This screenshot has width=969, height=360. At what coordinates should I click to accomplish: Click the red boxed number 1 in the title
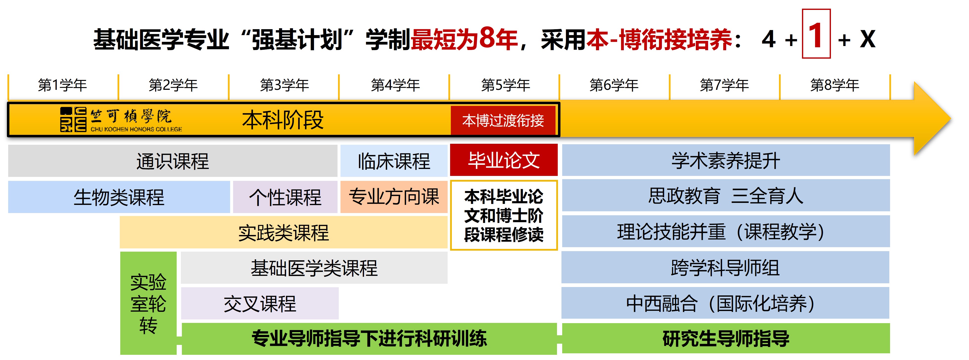(x=816, y=34)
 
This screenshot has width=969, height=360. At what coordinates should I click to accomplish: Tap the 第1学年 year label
(x=62, y=85)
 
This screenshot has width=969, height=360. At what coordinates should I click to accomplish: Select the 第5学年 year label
(x=505, y=85)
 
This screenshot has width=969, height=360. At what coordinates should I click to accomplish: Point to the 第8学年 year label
(x=834, y=85)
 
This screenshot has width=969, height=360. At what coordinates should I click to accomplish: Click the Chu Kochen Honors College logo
(x=120, y=120)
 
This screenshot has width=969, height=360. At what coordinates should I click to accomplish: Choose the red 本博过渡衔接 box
(x=503, y=120)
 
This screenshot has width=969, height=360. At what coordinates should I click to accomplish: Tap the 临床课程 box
(x=393, y=161)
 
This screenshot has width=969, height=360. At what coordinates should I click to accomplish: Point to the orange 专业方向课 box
(x=393, y=197)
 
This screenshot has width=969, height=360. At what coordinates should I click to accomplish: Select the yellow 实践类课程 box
(x=283, y=233)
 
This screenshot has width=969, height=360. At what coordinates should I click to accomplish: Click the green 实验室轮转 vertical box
(x=148, y=303)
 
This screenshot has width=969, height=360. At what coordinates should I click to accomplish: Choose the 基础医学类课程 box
(x=314, y=268)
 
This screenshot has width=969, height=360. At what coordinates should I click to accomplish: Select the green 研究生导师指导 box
(x=726, y=338)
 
